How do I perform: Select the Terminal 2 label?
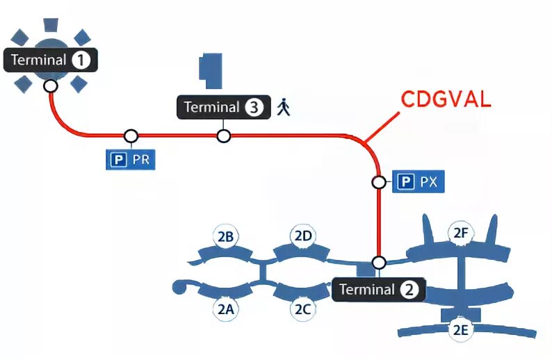(x=378, y=289)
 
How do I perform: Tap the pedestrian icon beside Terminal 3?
(x=283, y=107)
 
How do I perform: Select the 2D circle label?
(x=302, y=236)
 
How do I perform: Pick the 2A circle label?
(x=225, y=310)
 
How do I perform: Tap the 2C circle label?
(x=302, y=310)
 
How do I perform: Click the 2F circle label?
(x=460, y=233)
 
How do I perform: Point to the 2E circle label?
(x=460, y=330)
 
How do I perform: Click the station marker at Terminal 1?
(x=50, y=85)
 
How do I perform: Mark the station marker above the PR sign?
(x=130, y=136)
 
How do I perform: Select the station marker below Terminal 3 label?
(x=223, y=136)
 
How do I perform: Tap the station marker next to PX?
(x=379, y=183)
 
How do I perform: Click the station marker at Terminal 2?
(x=379, y=263)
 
